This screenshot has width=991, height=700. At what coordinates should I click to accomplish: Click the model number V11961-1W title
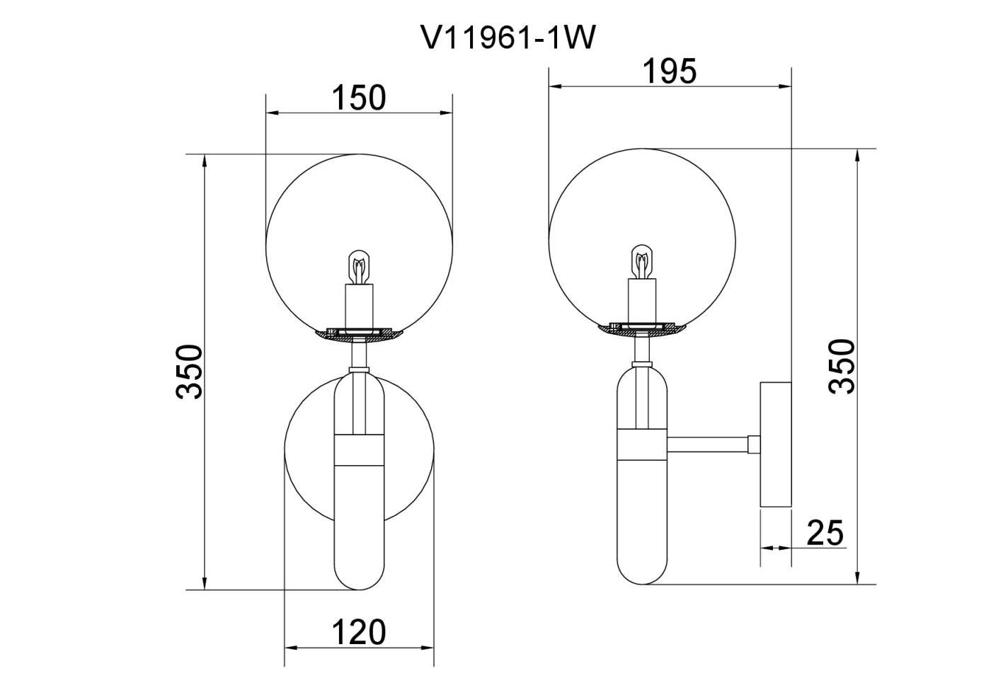508,38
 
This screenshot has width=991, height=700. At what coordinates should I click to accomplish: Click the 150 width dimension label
358,98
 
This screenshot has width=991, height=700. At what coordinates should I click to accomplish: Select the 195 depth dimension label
670,71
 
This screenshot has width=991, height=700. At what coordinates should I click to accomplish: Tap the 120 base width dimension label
358,633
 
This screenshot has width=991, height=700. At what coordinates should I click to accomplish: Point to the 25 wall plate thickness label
825,533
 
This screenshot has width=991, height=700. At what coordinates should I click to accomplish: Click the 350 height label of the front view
190,372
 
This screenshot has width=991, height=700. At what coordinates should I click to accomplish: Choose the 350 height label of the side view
842,367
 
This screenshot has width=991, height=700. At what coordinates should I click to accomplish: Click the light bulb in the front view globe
359,267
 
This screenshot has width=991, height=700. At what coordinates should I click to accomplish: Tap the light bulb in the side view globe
642,262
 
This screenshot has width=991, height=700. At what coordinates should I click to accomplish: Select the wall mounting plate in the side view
776,444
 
